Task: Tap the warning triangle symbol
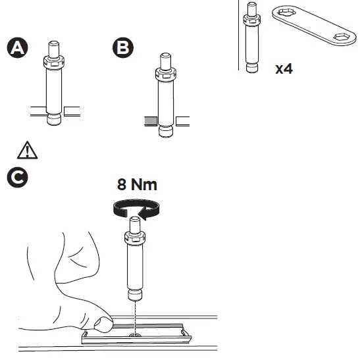click(28, 150)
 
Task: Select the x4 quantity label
click(284, 68)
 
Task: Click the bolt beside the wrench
click(251, 37)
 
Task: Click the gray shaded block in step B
click(151, 120)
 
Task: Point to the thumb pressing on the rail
click(103, 322)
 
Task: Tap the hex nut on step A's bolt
click(53, 62)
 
